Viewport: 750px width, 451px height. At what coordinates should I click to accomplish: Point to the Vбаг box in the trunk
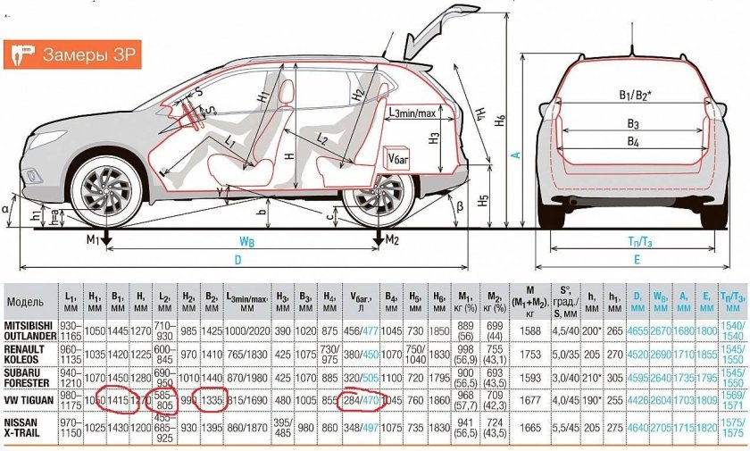coord(397,158)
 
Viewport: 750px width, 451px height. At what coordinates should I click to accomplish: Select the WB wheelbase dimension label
coord(247,242)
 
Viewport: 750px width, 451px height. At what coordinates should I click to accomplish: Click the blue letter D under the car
coord(237,260)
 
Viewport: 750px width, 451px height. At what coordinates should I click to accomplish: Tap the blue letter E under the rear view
coord(636,260)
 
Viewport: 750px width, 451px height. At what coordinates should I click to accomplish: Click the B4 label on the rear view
coord(632,142)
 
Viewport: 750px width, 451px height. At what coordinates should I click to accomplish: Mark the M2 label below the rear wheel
coord(391,240)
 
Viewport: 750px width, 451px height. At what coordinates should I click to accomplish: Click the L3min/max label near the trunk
coord(412,113)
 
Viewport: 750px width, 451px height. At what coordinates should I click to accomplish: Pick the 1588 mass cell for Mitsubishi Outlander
coord(529,329)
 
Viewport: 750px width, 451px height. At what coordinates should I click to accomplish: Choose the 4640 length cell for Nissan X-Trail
coord(637,427)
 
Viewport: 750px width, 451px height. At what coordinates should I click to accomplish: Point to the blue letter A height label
coord(515,154)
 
